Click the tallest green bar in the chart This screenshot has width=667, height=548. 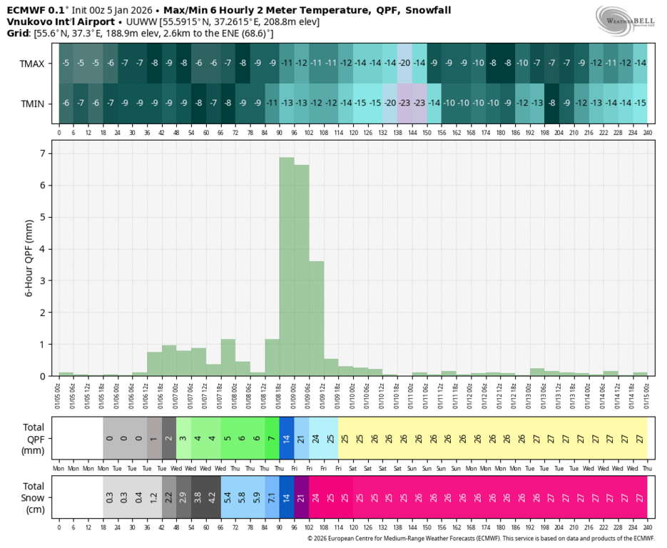tap(287, 266)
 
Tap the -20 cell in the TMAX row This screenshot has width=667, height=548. tap(404, 63)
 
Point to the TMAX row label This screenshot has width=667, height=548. tap(33, 64)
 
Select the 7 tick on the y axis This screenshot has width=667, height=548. tap(44, 153)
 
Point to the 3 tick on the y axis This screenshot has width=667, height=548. tap(44, 280)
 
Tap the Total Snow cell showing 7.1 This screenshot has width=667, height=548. tap(272, 497)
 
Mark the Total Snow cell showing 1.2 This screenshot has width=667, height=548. tap(154, 497)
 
